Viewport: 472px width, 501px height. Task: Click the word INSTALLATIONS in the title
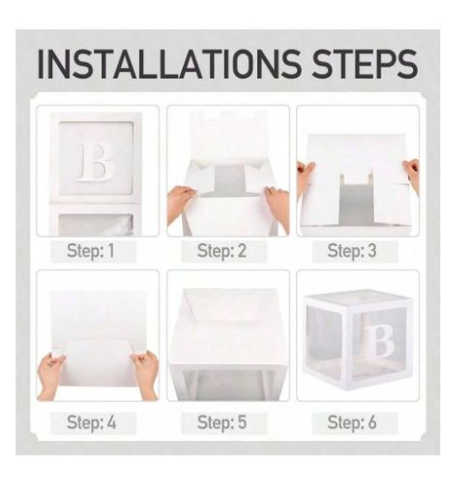(x=168, y=64)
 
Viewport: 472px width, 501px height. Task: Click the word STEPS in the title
(x=365, y=64)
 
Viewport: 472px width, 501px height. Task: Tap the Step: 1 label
(x=91, y=251)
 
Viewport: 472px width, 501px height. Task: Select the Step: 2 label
(x=221, y=251)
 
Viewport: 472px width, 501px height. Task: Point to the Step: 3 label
(x=352, y=251)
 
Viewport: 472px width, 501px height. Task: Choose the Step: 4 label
(x=92, y=423)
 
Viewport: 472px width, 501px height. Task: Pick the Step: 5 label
(x=221, y=423)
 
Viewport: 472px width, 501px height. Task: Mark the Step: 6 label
(x=352, y=423)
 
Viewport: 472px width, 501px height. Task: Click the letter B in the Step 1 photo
(x=96, y=162)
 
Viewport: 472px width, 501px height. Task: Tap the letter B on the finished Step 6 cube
(x=382, y=341)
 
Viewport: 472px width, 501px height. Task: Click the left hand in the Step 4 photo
(x=50, y=376)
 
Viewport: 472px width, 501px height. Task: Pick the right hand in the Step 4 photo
(x=145, y=374)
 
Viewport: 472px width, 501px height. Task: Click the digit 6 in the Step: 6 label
(x=372, y=422)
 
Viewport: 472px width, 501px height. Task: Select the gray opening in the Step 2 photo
(x=229, y=181)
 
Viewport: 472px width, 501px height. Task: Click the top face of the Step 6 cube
(x=357, y=297)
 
